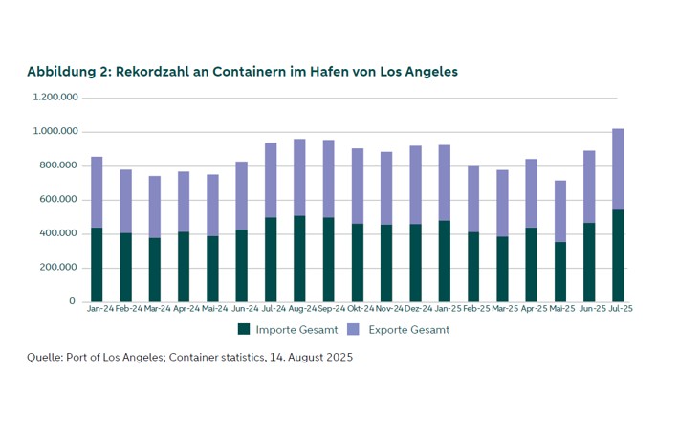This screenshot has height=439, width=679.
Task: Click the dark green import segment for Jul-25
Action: click(x=618, y=255)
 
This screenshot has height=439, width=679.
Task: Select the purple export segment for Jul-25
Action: click(x=618, y=168)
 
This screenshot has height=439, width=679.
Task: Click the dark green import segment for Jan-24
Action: click(x=97, y=265)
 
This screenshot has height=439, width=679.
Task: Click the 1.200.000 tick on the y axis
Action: click(x=55, y=98)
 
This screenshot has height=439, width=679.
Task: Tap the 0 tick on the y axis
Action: click(x=72, y=301)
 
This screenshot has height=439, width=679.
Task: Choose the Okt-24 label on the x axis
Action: click(x=357, y=309)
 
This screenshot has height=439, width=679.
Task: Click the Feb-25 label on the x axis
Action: click(x=473, y=309)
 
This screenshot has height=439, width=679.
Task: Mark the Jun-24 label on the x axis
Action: click(x=241, y=309)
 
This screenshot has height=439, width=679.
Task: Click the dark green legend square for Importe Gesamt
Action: click(x=243, y=329)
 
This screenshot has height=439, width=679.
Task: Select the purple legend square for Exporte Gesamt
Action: click(x=353, y=329)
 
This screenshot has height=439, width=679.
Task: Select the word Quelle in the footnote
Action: click(x=44, y=358)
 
